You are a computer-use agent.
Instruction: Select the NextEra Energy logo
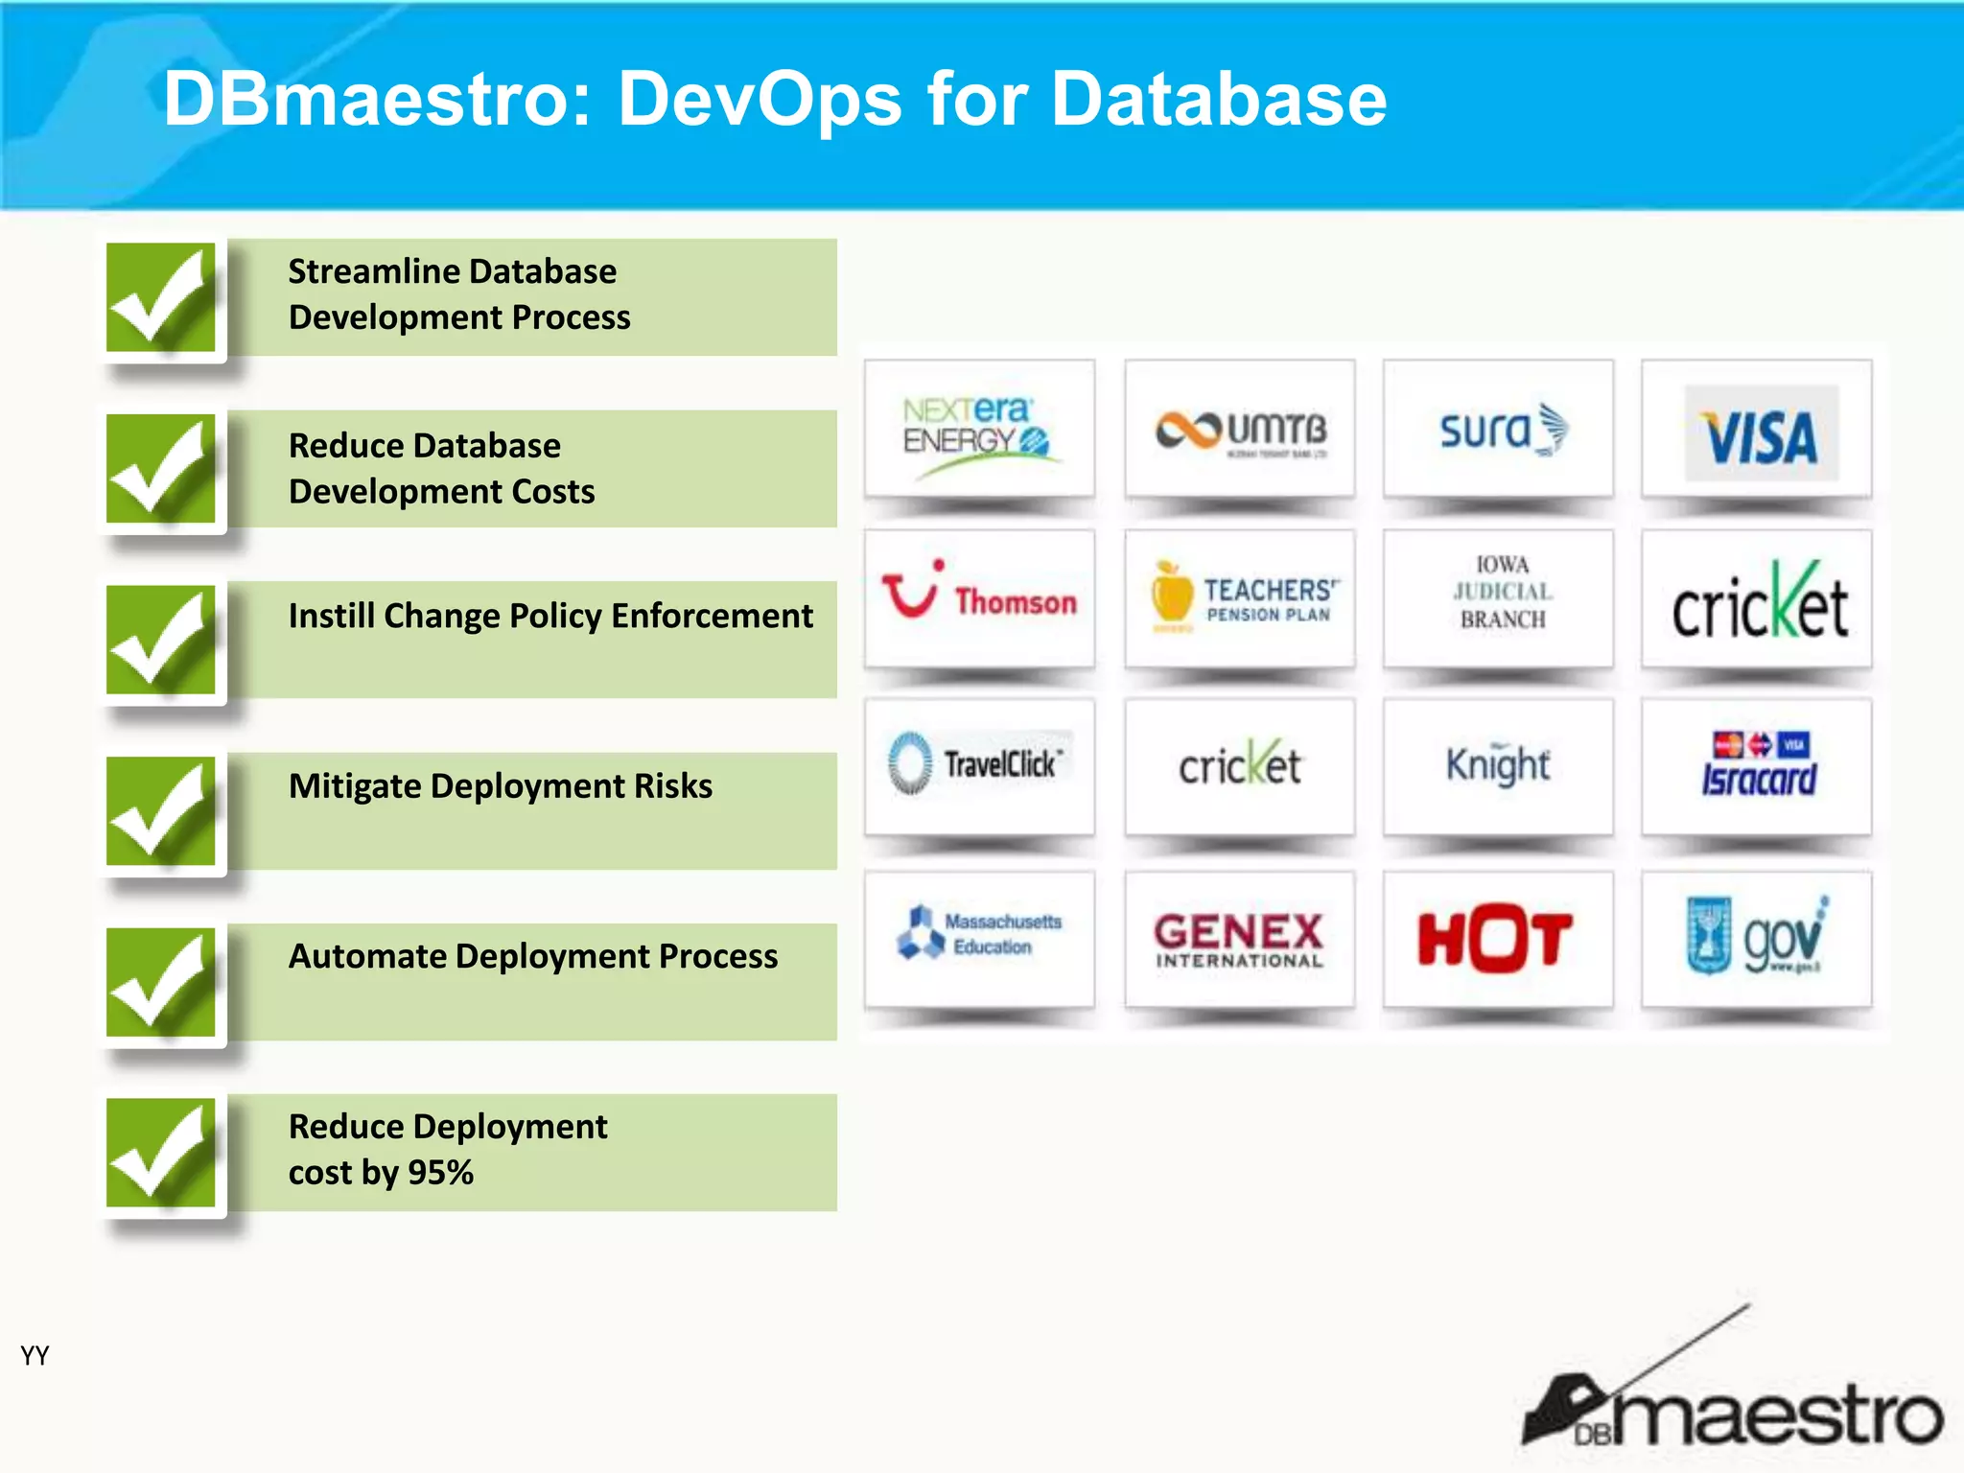978,431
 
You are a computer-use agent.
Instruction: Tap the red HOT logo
1497,937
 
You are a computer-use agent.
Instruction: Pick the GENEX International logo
1239,937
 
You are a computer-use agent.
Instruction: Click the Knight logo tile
1497,765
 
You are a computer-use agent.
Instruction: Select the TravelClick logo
978,765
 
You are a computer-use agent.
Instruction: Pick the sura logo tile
1499,431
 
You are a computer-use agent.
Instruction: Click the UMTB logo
1239,431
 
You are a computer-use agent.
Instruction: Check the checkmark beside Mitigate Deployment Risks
161,811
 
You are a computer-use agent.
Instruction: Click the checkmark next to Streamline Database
161,297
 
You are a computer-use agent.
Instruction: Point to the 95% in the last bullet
440,1172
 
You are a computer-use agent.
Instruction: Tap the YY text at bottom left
35,1355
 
